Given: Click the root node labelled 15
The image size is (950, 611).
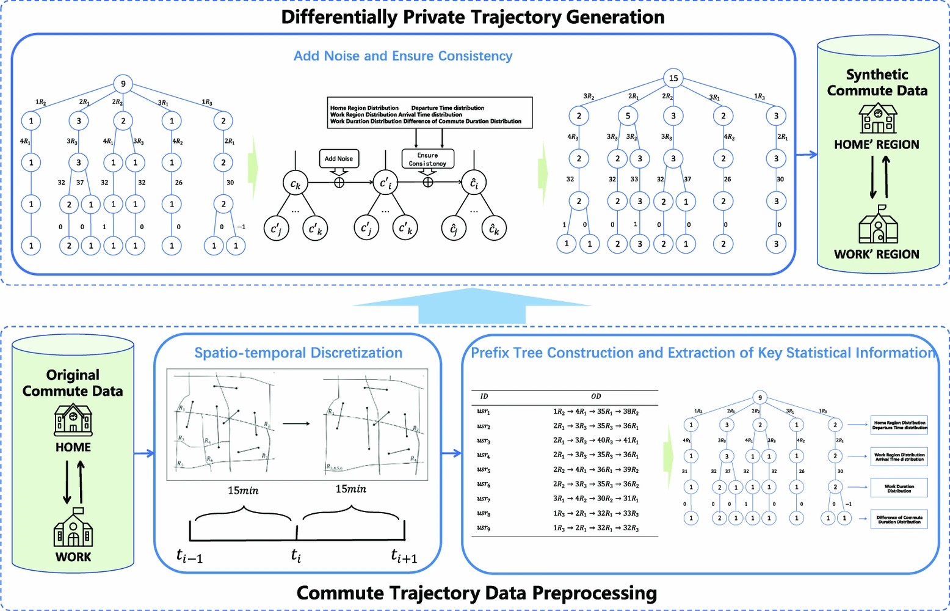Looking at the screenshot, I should [x=673, y=78].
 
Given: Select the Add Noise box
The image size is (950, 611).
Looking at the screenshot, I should [x=339, y=159].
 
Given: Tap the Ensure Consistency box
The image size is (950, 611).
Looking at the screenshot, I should [x=427, y=159].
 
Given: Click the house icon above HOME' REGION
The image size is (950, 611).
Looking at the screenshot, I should [x=877, y=118].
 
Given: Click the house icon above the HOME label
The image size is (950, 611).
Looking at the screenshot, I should [x=73, y=420].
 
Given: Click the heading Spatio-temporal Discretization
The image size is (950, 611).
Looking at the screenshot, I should [x=298, y=353].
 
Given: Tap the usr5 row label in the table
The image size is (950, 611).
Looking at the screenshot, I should [x=484, y=470].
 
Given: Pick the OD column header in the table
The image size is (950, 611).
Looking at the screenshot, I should [x=596, y=397].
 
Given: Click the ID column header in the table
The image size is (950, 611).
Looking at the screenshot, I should [x=484, y=397].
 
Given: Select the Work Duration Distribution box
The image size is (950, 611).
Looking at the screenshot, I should [x=899, y=488].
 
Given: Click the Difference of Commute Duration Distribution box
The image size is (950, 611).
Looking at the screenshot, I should [x=899, y=519].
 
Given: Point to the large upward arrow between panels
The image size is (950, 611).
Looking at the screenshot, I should [x=472, y=305].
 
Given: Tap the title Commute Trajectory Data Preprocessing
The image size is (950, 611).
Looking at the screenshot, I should [x=476, y=593].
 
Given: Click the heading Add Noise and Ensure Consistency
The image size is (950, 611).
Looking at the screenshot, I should [x=403, y=56].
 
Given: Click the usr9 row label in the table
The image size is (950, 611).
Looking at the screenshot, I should [x=484, y=528].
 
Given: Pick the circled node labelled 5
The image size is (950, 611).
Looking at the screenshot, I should [x=628, y=115].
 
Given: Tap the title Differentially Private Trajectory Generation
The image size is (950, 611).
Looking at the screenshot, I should [x=473, y=17].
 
